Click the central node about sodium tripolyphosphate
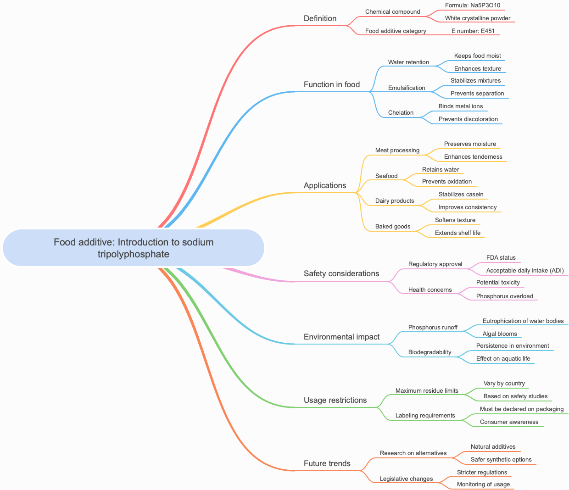point(134,248)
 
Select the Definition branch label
point(320,19)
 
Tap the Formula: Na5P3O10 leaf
point(472,6)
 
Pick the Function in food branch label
point(331,85)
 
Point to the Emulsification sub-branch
point(406,88)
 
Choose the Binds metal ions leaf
point(460,106)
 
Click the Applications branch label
point(324,186)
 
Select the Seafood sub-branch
point(386,176)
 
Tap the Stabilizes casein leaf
point(461,195)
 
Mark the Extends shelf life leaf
point(457,233)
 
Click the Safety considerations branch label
point(341,274)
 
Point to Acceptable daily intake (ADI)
point(524,271)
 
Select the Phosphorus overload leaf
point(504,296)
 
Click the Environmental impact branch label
point(341,337)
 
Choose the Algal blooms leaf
point(499,334)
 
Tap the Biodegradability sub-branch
point(430,352)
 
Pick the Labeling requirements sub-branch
point(425,416)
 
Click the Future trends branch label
point(327,464)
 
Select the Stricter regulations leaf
point(482,473)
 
